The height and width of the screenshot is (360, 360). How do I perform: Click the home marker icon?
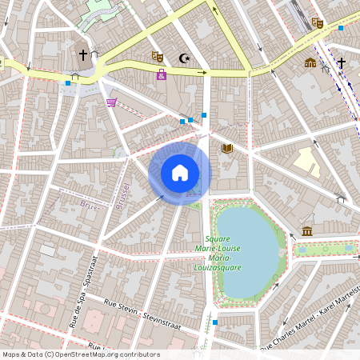point(180,172)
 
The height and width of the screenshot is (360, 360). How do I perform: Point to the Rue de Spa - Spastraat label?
point(83,293)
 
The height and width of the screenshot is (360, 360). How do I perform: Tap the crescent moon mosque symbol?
point(185,58)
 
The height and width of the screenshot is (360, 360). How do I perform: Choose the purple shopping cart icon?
point(111,102)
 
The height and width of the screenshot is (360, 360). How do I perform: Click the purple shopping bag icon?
point(162,74)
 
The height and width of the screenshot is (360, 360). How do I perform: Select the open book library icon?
point(227,148)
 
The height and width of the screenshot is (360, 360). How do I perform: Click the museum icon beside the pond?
point(307,232)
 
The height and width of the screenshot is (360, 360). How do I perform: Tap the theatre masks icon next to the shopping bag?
point(158,57)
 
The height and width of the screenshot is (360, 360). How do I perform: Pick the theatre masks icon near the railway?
point(317,23)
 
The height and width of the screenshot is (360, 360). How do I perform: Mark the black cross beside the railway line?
point(341,62)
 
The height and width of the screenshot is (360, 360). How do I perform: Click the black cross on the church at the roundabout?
point(82,54)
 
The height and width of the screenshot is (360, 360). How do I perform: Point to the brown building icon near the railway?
point(310,62)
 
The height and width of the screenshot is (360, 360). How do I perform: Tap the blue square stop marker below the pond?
point(214,322)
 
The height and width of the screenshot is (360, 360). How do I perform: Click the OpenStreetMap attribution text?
point(80,354)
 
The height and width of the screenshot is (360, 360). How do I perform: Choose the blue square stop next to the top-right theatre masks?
point(341,28)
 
